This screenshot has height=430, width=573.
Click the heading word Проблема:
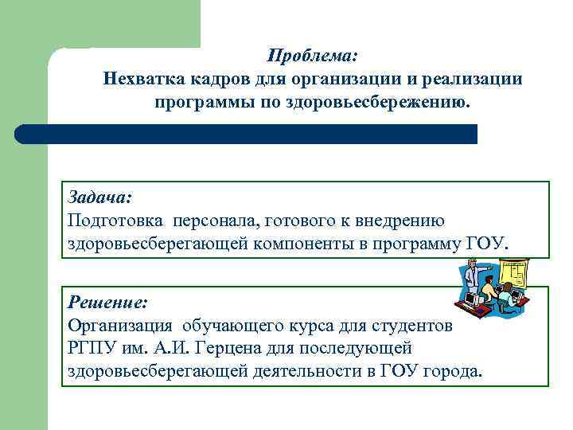312,57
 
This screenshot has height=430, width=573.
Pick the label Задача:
100,197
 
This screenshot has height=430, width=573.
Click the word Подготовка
112,220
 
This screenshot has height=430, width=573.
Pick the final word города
453,372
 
